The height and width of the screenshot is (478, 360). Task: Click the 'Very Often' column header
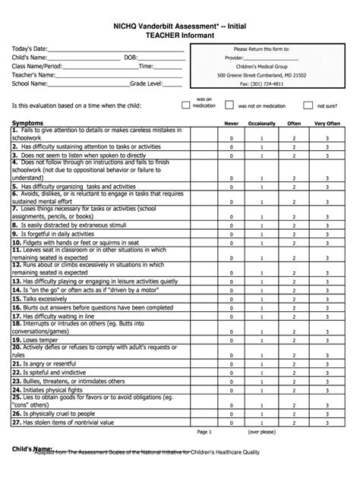click(327, 123)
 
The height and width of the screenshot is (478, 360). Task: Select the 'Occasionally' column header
click(261, 123)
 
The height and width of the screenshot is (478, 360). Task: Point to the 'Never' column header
click(232, 123)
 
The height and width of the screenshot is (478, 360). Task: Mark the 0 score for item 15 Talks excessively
click(232, 300)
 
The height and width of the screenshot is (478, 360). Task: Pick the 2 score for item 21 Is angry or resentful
click(293, 364)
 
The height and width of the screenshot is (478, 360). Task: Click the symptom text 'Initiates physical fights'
click(53, 389)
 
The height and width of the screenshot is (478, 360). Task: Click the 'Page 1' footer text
click(204, 432)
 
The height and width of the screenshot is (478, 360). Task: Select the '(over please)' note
click(262, 432)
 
